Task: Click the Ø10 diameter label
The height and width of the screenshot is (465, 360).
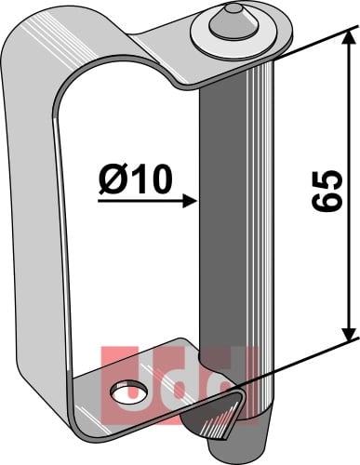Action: (135, 179)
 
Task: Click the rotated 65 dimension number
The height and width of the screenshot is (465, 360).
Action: (327, 191)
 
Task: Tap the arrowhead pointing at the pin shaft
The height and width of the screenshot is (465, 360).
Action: (191, 201)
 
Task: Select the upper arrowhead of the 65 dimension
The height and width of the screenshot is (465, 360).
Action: (350, 39)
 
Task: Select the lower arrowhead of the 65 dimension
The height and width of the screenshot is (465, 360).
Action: (350, 332)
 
